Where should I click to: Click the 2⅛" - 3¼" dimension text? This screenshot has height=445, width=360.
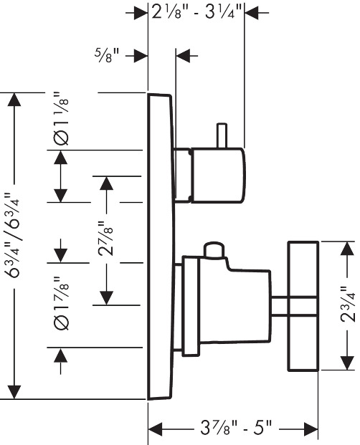tap(196, 12)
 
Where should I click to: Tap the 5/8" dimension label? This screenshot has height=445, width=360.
tap(107, 55)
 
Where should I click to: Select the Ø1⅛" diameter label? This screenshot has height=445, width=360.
tap(61, 118)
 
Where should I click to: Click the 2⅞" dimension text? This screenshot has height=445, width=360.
tap(105, 239)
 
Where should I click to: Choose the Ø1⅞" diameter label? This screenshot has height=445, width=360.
tap(61, 303)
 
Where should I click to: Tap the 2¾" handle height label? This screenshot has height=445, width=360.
tap(348, 304)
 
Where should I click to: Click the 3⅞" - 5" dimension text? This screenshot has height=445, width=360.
tap(236, 428)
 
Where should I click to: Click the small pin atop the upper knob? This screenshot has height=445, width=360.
tap(222, 135)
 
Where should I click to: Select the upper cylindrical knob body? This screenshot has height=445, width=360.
tap(217, 176)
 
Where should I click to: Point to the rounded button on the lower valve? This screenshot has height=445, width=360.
tap(214, 250)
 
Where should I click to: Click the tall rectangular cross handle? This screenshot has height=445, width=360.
tap(303, 306)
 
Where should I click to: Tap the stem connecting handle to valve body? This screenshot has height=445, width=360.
tap(280, 306)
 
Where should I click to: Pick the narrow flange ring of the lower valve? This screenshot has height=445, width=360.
tap(191, 306)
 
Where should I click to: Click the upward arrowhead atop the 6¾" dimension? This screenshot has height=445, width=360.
tap(14, 100)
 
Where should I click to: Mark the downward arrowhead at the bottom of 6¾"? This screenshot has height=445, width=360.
tap(14, 392)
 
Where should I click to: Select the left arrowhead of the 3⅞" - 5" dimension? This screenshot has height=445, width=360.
tap(156, 429)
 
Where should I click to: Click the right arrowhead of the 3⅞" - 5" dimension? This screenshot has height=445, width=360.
tap(311, 429)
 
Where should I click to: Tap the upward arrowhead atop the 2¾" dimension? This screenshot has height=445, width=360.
tap(348, 249)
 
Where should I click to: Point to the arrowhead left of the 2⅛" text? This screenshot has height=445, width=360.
tap(141, 12)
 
